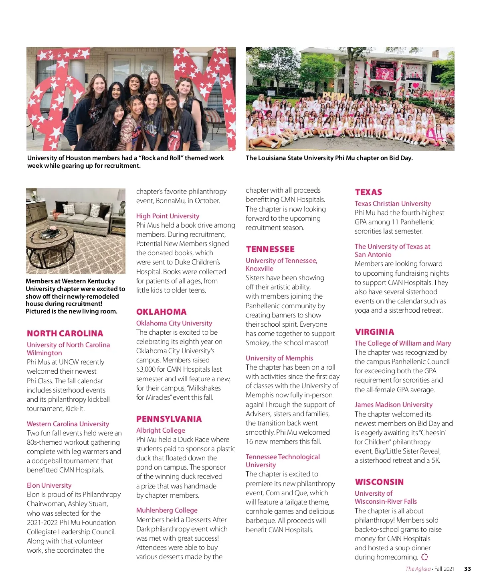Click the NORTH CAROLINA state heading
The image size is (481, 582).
pyautogui.click(x=65, y=334)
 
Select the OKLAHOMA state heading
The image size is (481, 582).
pyautogui.click(x=161, y=312)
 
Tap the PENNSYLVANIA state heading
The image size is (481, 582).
pyautogui.click(x=169, y=419)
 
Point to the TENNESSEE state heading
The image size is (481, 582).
pyautogui.click(x=270, y=249)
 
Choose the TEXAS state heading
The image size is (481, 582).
pyautogui.click(x=368, y=192)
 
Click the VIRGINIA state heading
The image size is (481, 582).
pyautogui.click(x=374, y=332)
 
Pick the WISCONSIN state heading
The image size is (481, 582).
pyautogui.click(x=379, y=482)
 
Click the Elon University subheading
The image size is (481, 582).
pyautogui.click(x=49, y=485)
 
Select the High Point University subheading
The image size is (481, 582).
pyautogui.click(x=168, y=216)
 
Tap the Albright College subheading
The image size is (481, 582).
pyautogui.click(x=160, y=430)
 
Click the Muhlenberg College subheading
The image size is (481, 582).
pyautogui.click(x=167, y=510)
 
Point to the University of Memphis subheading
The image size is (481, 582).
pyautogui.click(x=279, y=358)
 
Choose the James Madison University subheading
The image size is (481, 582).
pyautogui.click(x=393, y=405)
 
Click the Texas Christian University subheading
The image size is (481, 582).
pyautogui.click(x=392, y=203)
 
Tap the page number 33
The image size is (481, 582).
pyautogui.click(x=467, y=569)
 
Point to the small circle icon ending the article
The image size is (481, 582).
pyautogui.click(x=424, y=557)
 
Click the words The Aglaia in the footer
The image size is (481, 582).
pyautogui.click(x=418, y=569)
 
